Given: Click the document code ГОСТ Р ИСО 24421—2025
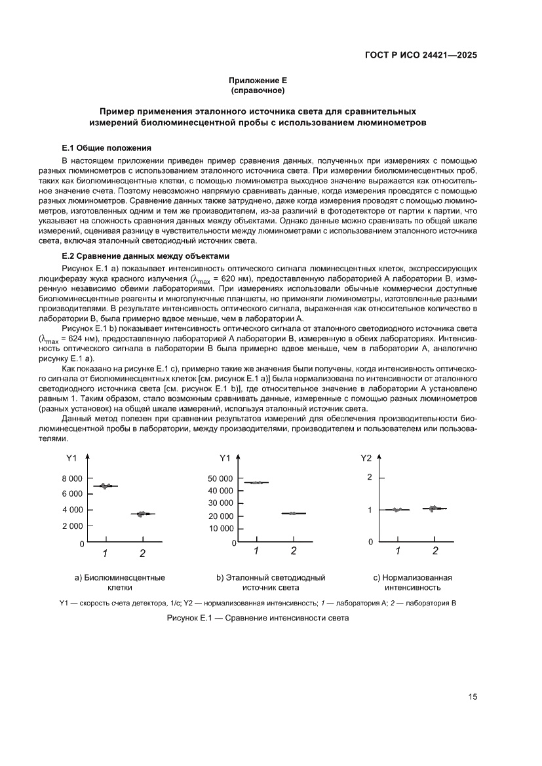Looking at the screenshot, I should coord(420,55).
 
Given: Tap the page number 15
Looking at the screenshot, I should coord(473,697).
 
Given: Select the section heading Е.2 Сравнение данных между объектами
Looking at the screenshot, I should coord(145,256).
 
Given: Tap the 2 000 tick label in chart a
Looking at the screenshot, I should coord(72,526).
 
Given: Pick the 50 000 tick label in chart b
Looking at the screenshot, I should coord(220,478).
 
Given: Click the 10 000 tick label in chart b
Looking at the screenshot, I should coord(220,528).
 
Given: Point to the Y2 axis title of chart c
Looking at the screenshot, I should coord(366,458).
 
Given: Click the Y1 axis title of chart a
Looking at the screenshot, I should coord(72,458).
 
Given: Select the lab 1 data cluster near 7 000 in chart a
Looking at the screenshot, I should coord(105,486).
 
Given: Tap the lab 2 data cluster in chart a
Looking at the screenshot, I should coord(142,514).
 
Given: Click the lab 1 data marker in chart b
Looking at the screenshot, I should coord(256,482).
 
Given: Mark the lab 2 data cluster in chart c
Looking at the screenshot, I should coord(435,508).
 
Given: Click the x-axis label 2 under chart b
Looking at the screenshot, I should coord(294,551).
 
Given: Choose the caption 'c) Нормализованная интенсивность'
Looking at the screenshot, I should coord(412,583).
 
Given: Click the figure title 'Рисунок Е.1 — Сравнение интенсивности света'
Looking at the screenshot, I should coord(258,618).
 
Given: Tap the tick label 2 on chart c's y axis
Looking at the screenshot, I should coord(370,477).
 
